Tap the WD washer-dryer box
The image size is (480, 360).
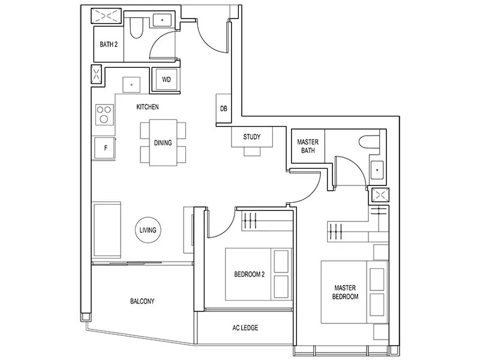[166, 79]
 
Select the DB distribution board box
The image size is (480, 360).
[223, 109]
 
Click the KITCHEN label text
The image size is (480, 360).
[148, 107]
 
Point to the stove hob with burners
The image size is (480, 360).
[104, 114]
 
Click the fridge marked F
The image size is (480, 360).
[105, 148]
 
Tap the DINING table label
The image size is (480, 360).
[163, 143]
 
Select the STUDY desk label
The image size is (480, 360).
[252, 137]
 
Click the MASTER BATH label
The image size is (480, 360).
[308, 146]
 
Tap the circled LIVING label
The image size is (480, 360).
[148, 230]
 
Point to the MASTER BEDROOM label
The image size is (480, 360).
[346, 292]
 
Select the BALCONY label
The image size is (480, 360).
[142, 301]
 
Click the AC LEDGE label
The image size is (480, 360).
[245, 328]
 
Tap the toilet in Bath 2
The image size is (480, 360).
[136, 27]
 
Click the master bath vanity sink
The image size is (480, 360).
[377, 170]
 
